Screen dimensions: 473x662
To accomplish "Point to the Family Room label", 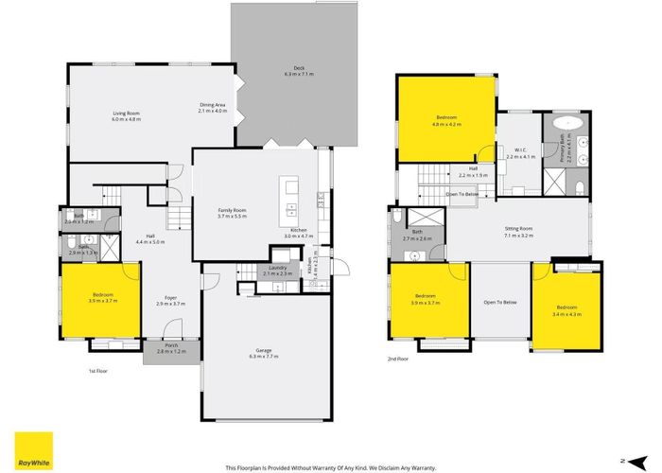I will coord(232,213).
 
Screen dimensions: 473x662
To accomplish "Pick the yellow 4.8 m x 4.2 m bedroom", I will coord(446,121).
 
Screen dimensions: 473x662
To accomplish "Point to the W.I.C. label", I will coord(520,153).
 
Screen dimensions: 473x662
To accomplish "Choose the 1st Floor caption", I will coord(98,371).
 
